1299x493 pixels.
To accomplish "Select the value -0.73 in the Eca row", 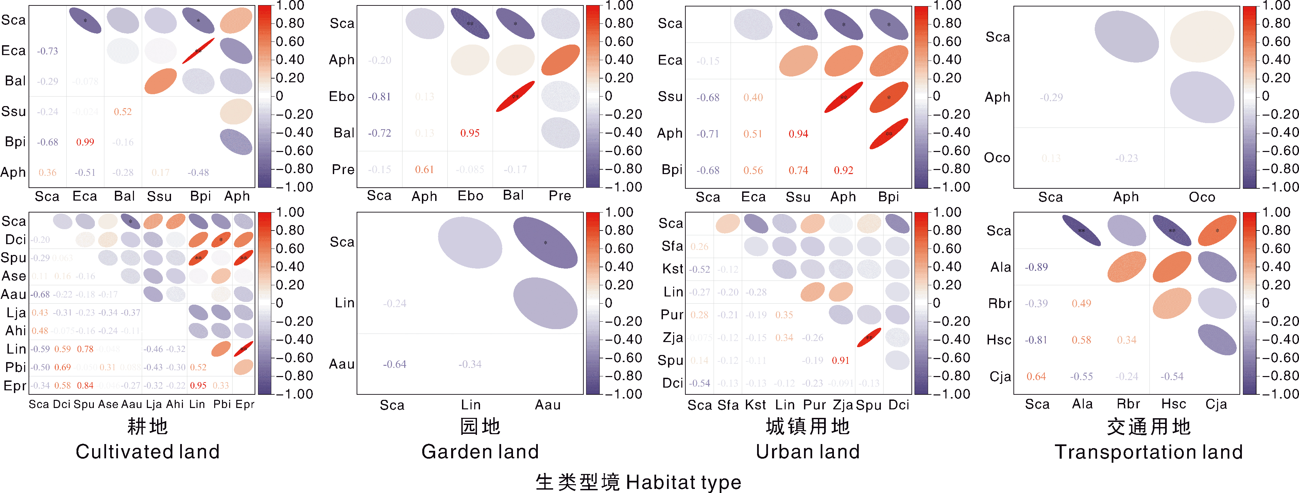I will (47, 51).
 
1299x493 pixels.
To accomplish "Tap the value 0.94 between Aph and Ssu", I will (798, 134).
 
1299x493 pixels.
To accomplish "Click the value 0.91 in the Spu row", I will (841, 360).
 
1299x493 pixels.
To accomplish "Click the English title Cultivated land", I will (148, 452).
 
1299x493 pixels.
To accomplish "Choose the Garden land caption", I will (480, 452).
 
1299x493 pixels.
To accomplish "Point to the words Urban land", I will (807, 452).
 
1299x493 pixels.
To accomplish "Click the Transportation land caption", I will (1149, 452).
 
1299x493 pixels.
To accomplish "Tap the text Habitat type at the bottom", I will (683, 482).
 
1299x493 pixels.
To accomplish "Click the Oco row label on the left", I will (997, 158).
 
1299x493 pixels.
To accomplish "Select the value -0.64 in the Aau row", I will (394, 364).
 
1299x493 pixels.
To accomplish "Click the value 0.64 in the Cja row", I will (1036, 377).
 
